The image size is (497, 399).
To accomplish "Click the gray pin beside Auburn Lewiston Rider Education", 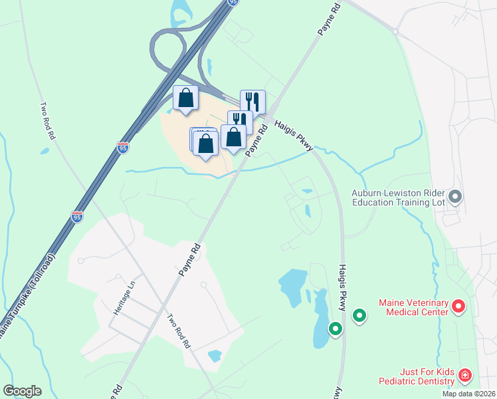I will point(455,196).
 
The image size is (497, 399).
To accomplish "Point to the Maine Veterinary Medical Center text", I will point(414,307).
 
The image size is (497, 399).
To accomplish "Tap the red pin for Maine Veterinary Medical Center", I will point(458,307).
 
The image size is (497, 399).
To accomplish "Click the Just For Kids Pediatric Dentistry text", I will point(417,376).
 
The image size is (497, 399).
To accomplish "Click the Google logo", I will point(22,391).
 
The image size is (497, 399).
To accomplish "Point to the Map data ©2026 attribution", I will point(468,394).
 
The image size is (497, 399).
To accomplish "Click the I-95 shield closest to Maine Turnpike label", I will point(76,217).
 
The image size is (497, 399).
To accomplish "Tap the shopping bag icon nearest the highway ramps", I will point(186,98).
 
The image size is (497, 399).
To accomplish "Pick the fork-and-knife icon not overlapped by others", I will point(252,102).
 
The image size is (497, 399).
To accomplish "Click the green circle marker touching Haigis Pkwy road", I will point(336,328).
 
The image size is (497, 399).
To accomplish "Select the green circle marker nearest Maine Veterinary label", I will point(359,315).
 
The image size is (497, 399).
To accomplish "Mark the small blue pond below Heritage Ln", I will point(215,356).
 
